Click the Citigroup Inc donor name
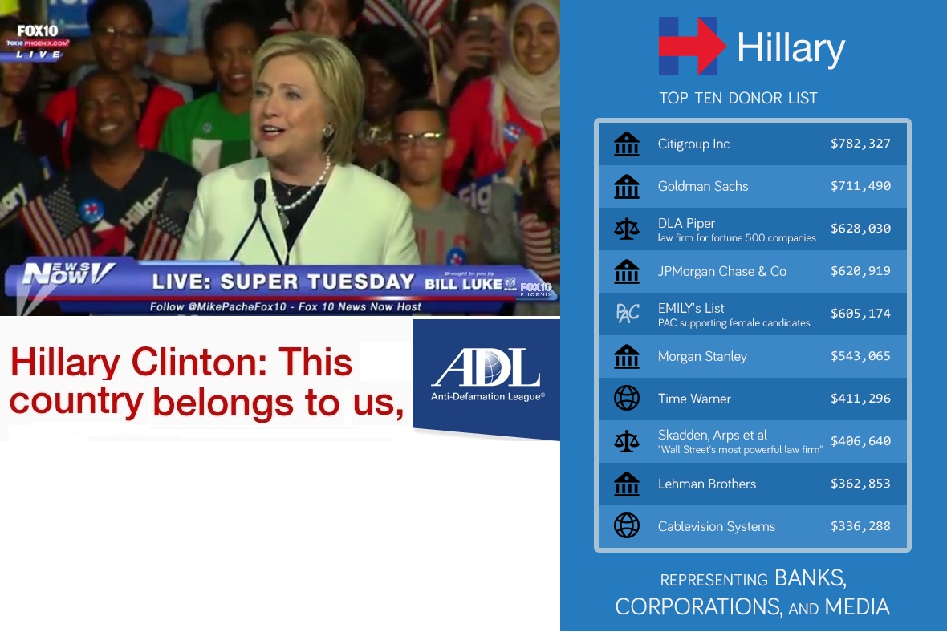click(693, 144)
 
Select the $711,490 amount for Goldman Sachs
click(860, 186)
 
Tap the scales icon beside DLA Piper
click(626, 229)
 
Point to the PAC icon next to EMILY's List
click(627, 314)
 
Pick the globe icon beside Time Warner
click(626, 399)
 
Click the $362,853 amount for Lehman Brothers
click(860, 484)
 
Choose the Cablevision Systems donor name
click(717, 526)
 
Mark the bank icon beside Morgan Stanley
click(626, 356)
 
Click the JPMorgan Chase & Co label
click(721, 272)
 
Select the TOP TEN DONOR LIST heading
click(738, 98)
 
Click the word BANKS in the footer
click(810, 578)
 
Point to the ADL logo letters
click(486, 367)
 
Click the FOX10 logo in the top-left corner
click(38, 30)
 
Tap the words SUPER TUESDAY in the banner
click(317, 282)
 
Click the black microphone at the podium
click(260, 191)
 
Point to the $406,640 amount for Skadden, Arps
click(860, 441)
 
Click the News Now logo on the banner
click(67, 273)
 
